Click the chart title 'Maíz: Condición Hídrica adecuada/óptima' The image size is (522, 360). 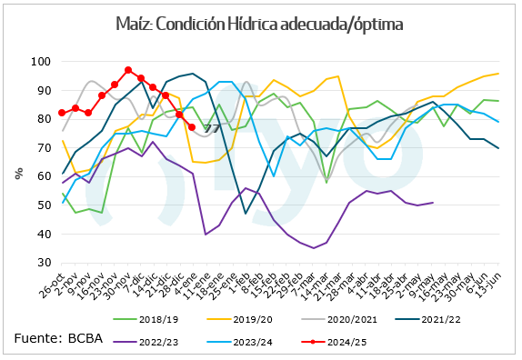click(260, 23)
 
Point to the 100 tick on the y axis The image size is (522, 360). click(40, 62)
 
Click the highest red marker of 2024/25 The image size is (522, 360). click(128, 70)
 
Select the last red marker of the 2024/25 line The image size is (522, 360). click(192, 127)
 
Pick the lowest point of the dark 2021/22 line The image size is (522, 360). click(245, 214)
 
